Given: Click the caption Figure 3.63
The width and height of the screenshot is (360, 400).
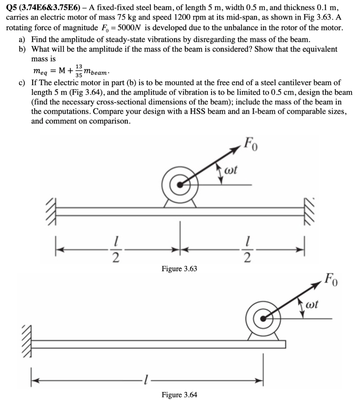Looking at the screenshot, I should tap(179, 268).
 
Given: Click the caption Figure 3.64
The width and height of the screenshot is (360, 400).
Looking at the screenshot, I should tap(179, 395).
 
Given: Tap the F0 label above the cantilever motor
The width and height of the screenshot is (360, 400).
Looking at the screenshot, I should tap(331, 278).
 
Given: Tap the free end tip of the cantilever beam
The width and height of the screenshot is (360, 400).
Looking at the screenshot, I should tap(285, 344).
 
